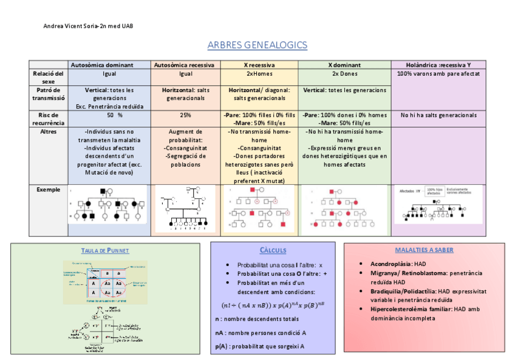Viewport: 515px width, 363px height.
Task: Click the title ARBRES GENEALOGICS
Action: (x=257, y=45)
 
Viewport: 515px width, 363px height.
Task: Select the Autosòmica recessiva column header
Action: (x=185, y=65)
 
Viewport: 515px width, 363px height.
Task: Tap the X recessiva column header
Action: (x=259, y=65)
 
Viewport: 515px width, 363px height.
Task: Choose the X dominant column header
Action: (x=344, y=65)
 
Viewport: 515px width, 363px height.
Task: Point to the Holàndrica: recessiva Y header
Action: (x=438, y=65)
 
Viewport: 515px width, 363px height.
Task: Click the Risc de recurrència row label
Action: (x=49, y=119)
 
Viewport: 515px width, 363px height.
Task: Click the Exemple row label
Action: (x=49, y=190)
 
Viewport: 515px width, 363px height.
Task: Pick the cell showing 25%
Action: (x=185, y=115)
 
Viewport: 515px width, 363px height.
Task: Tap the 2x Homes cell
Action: (x=259, y=74)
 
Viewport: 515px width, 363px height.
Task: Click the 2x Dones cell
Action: (x=344, y=74)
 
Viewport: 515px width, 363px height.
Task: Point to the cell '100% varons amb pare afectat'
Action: (x=438, y=74)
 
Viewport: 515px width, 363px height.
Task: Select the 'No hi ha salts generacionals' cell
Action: (x=438, y=115)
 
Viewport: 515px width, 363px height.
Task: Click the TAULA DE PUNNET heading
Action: (x=105, y=250)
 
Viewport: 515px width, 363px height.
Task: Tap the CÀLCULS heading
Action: (x=273, y=250)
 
